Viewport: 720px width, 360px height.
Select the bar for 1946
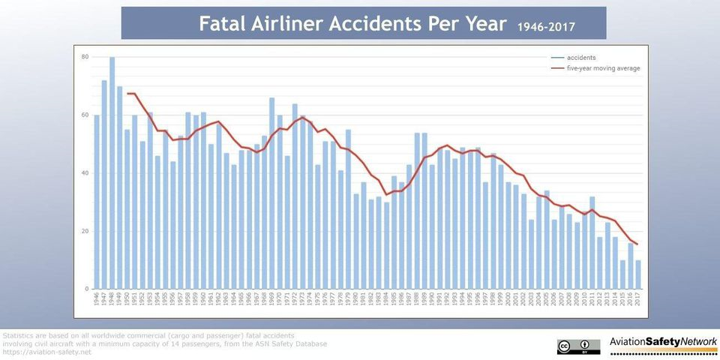tap(97, 202)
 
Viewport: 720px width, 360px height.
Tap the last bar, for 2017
tap(638, 274)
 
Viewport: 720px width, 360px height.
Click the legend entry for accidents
tap(581, 58)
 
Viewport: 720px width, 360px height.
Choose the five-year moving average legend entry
tap(603, 68)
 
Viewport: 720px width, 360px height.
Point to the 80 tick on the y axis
tap(85, 57)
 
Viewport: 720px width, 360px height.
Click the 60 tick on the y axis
tap(85, 115)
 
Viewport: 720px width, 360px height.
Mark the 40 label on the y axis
tap(85, 173)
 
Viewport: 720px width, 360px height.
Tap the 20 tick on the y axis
tap(85, 231)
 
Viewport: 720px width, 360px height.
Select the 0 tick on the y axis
tap(85, 289)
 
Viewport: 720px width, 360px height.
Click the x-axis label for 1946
tap(97, 300)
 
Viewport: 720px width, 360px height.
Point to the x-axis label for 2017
tap(638, 300)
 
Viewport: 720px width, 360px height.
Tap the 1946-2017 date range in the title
tap(547, 27)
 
